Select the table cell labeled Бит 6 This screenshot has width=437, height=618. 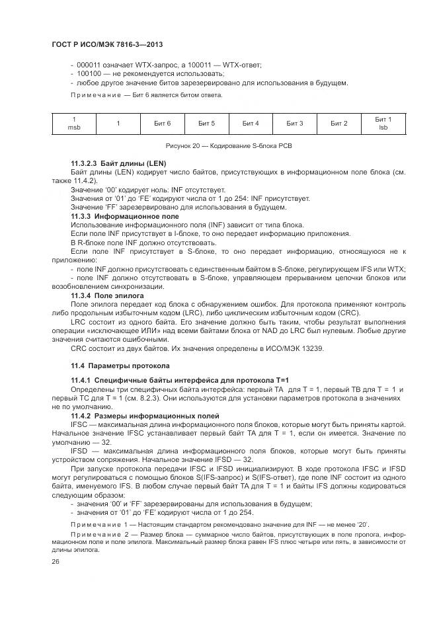coord(162,124)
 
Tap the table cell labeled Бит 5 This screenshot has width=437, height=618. coord(206,124)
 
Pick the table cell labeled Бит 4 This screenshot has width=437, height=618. coord(251,124)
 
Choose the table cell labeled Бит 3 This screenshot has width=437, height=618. coord(295,124)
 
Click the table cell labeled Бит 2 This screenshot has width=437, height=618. coord(339,124)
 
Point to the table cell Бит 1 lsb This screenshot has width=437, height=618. coord(383,124)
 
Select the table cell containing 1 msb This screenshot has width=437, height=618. coord(74,124)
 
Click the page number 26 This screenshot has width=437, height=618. coord(56,561)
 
